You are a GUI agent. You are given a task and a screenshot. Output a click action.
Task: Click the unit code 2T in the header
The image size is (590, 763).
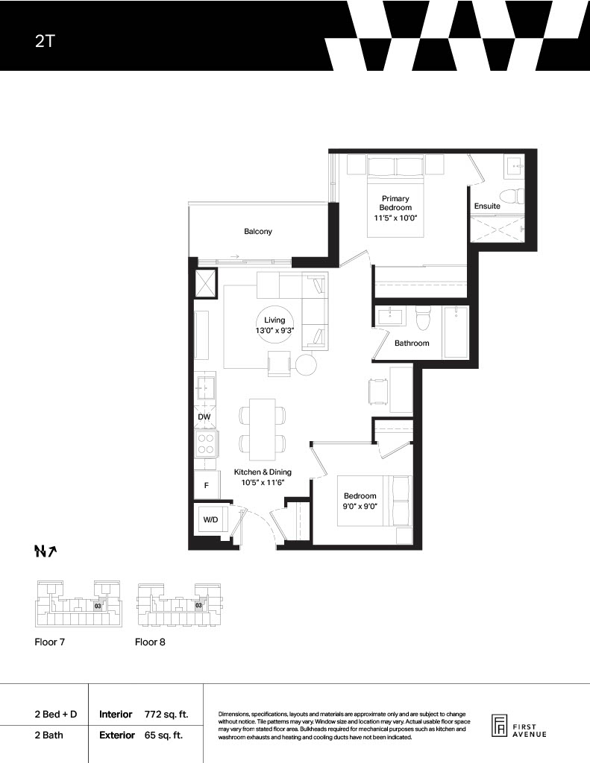[44, 41]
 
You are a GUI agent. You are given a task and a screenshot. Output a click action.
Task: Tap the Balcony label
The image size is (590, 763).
[258, 232]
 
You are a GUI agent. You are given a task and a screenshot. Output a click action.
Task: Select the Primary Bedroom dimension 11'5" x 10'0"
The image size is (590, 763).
[395, 218]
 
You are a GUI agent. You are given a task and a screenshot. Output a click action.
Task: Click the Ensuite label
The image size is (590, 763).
[487, 206]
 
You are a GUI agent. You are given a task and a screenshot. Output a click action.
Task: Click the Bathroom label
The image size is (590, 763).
[412, 343]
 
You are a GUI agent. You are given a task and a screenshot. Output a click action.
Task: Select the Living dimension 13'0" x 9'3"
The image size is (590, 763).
[274, 330]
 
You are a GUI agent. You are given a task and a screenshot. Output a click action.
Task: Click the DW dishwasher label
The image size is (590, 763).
[204, 417]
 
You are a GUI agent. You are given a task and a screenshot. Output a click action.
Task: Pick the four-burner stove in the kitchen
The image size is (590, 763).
[206, 443]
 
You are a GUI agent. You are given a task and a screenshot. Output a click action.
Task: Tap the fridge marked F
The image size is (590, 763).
[207, 485]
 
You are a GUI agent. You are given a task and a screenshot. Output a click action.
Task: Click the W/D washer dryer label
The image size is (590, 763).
[210, 519]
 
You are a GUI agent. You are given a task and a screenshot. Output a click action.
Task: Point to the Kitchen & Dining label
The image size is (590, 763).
[263, 472]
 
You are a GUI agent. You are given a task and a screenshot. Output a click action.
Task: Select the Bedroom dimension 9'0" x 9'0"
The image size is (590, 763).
[360, 506]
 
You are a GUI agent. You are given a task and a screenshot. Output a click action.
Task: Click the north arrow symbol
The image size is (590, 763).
[46, 551]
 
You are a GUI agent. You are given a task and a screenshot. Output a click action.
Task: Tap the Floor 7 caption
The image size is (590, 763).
[50, 642]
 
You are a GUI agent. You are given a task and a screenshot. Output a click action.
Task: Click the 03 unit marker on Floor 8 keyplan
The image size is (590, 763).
[198, 606]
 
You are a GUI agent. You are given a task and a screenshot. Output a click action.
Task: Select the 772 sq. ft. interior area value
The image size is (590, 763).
[166, 715]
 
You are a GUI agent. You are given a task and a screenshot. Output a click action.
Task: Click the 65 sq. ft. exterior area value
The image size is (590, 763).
[163, 735]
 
